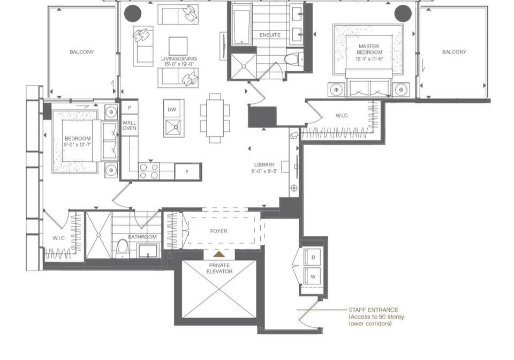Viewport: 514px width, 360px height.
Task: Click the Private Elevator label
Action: pyautogui.click(x=220, y=268)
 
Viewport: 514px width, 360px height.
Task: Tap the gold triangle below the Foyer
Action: pyautogui.click(x=220, y=254)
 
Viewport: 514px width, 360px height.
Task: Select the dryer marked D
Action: pyautogui.click(x=313, y=257)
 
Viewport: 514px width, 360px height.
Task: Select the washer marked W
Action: pyautogui.click(x=313, y=276)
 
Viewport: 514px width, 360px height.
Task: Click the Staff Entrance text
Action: pyautogui.click(x=373, y=310)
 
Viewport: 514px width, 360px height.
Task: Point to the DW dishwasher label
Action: pyautogui.click(x=172, y=110)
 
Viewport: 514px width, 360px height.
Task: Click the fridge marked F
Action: pyautogui.click(x=187, y=171)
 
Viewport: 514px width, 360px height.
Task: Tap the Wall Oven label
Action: pyautogui.click(x=130, y=125)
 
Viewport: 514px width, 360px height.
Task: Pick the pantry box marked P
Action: pyautogui.click(x=130, y=108)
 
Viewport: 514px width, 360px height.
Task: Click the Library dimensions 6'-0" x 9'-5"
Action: pyautogui.click(x=264, y=171)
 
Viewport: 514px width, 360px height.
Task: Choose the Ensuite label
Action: pyautogui.click(x=270, y=35)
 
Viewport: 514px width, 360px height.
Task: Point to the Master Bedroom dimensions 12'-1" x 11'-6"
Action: pyautogui.click(x=369, y=59)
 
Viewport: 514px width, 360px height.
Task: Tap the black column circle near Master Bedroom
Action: pyautogui.click(x=403, y=14)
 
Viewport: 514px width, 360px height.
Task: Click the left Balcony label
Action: pyautogui.click(x=81, y=52)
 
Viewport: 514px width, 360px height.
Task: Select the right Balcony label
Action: pyautogui.click(x=454, y=52)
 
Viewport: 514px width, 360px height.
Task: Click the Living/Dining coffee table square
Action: pyautogui.click(x=178, y=46)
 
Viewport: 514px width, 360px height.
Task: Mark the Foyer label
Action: pyautogui.click(x=218, y=231)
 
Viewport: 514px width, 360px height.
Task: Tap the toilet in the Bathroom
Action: pyautogui.click(x=122, y=248)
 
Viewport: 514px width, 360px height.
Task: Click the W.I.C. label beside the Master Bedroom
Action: pyautogui.click(x=342, y=116)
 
